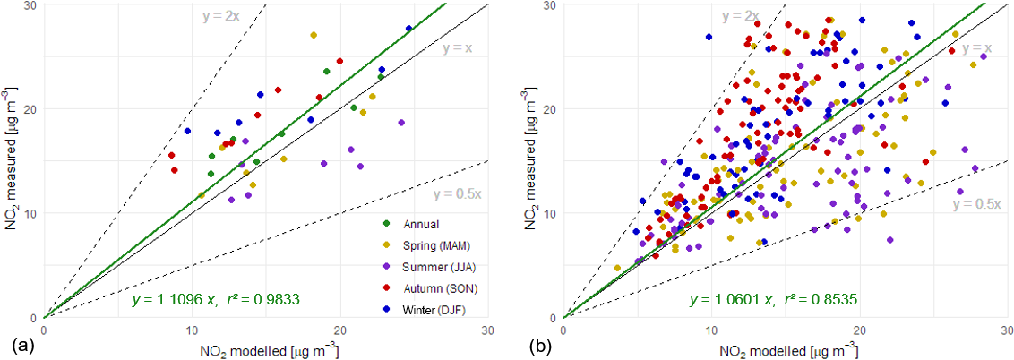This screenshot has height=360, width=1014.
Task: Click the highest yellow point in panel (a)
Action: [314, 35]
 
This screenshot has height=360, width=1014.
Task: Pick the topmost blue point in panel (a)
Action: [408, 29]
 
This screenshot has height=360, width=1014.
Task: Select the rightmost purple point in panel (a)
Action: [401, 123]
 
